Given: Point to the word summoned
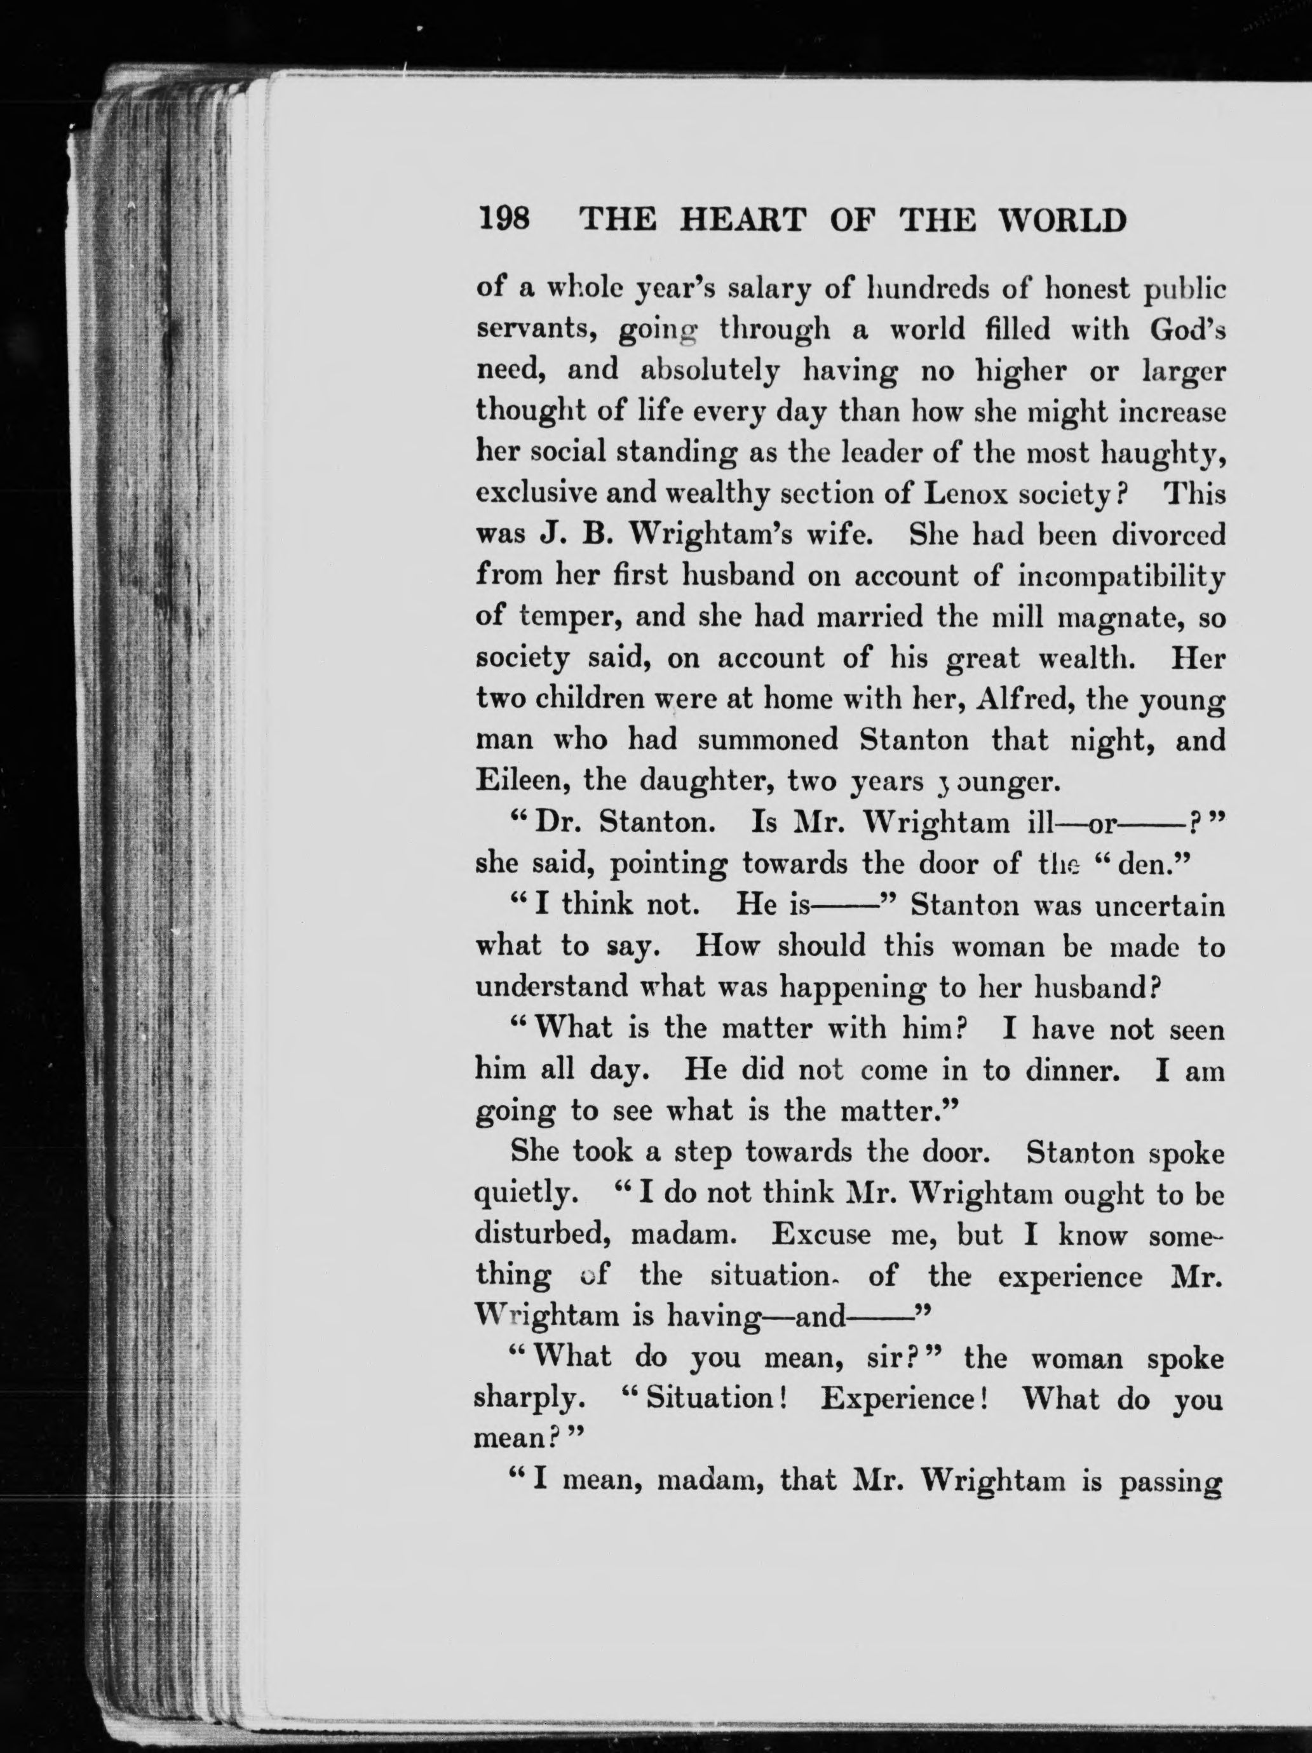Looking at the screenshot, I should [x=768, y=740].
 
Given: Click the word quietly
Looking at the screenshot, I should [x=521, y=1194].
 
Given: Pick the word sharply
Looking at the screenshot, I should [x=529, y=1399].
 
